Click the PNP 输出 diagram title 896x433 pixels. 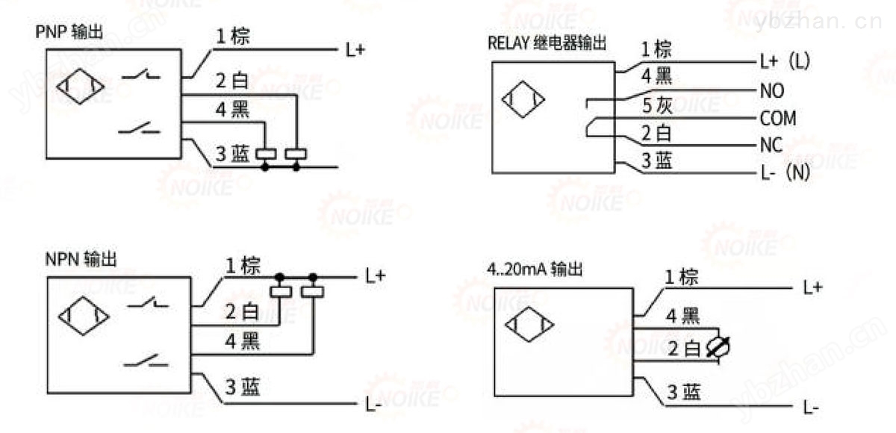[x=69, y=32]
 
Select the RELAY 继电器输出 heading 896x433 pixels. [x=547, y=43]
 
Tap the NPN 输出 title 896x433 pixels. [x=81, y=260]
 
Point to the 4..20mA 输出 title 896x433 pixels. [x=535, y=269]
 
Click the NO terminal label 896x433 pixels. [x=772, y=91]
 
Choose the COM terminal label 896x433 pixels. [x=778, y=119]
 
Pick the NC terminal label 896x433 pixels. [x=771, y=145]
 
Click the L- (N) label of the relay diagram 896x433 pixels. [x=785, y=172]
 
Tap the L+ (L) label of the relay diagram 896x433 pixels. [x=785, y=61]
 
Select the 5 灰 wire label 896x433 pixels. [x=657, y=105]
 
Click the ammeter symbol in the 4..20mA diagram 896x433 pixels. [x=718, y=346]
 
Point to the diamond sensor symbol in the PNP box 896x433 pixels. [x=81, y=87]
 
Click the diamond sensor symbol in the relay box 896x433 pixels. [x=523, y=99]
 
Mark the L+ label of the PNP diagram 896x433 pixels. [x=355, y=50]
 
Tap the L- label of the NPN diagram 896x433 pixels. [x=373, y=405]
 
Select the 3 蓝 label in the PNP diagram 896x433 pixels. [x=232, y=154]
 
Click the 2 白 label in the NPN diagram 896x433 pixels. [x=242, y=311]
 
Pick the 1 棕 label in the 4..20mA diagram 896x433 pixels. [x=681, y=277]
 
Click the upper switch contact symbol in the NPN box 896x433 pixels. [x=148, y=302]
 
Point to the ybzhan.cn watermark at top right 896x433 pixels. [x=818, y=21]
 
